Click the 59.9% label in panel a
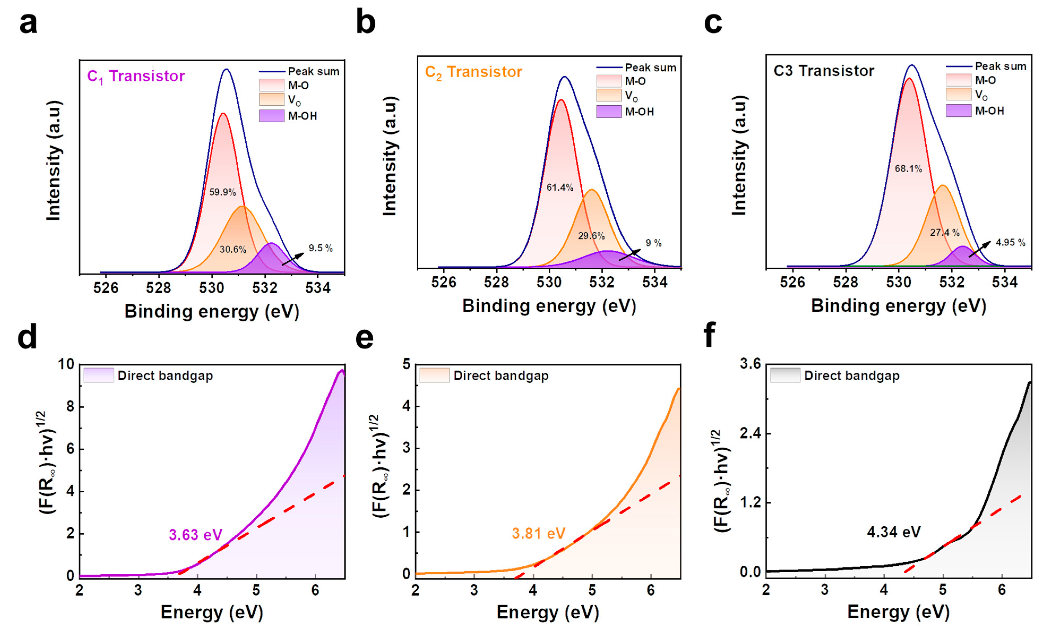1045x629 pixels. click(222, 192)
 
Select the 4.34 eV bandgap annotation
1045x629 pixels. click(893, 532)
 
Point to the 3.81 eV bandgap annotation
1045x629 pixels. click(538, 533)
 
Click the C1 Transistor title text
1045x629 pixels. click(136, 76)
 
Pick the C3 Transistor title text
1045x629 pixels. click(823, 71)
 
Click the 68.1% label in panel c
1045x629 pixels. click(908, 169)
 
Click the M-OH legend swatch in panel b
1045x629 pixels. click(608, 111)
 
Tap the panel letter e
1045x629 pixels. click(364, 338)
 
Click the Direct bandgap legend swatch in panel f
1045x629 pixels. click(785, 376)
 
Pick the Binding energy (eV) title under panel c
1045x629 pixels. click(898, 306)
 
